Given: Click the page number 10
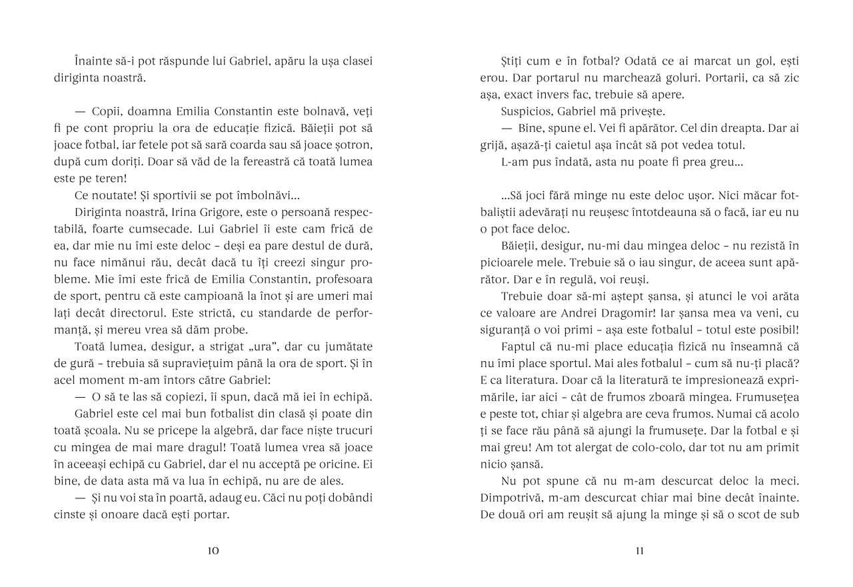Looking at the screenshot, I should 213,550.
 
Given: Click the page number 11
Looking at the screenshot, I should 640,550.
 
